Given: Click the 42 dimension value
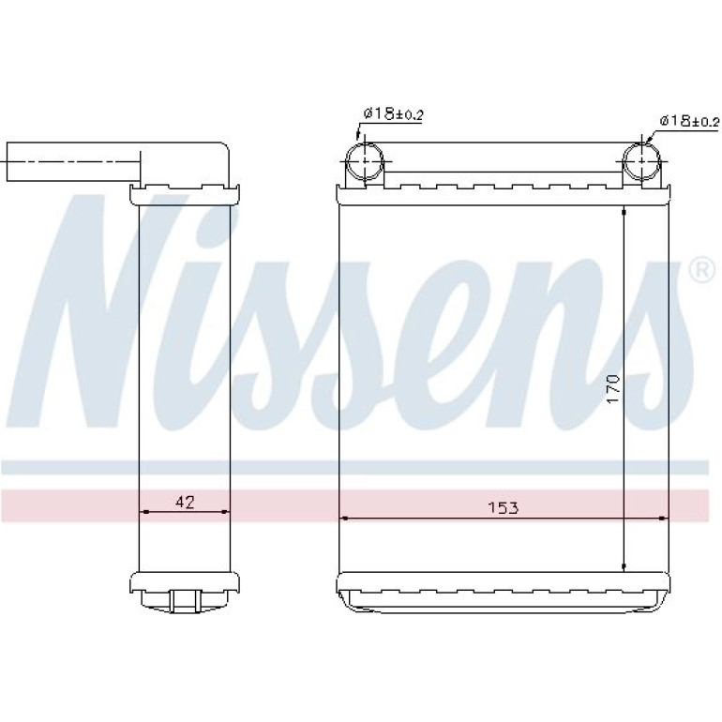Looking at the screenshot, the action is click(x=185, y=502).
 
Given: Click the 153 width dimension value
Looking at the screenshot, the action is click(x=503, y=507).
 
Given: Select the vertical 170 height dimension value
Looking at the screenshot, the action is click(x=613, y=389).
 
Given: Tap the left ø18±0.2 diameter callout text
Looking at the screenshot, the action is click(x=393, y=114).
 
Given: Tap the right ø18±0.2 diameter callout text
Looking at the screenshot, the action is click(x=689, y=121).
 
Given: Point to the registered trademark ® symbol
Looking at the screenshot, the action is click(x=701, y=271).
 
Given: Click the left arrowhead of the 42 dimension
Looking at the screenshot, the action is click(x=143, y=511).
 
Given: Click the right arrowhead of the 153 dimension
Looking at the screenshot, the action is click(x=663, y=518).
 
